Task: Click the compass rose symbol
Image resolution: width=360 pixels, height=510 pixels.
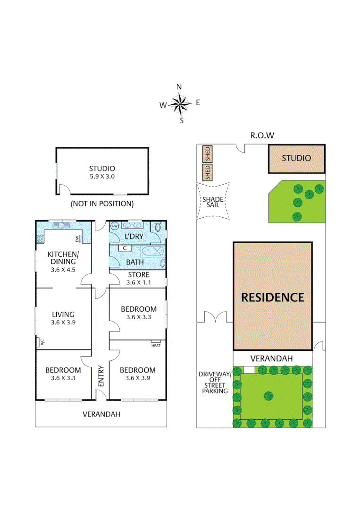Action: pos(180,103)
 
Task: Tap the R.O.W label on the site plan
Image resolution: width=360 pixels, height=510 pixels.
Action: pos(262,136)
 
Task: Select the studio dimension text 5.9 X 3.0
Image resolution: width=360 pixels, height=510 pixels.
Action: pos(102,177)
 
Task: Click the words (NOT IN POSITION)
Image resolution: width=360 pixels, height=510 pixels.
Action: pos(102,204)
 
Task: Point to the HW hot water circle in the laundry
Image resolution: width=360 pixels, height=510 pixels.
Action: pos(115,227)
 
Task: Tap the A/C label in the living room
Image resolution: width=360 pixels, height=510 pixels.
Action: pos(41,343)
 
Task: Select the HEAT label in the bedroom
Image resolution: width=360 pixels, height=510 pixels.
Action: pos(156,345)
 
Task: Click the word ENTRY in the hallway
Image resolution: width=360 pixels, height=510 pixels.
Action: pos(100,376)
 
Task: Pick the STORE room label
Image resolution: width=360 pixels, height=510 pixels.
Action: pos(138,275)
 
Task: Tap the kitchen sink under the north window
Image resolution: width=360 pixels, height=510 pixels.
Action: pos(61,226)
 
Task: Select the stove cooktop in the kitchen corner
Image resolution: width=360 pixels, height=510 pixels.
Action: pos(40,239)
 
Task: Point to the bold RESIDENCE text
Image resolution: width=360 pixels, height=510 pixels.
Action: pos(273,297)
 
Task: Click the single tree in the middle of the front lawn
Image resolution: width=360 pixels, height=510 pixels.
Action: pos(269,395)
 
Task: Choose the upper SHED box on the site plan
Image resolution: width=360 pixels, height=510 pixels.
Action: pos(207,154)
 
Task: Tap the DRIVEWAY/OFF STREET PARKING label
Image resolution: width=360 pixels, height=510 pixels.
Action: pos(215,382)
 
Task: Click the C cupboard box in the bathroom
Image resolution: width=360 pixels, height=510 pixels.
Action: pos(124,248)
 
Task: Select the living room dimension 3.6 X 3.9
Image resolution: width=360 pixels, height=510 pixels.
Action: pos(63,323)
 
